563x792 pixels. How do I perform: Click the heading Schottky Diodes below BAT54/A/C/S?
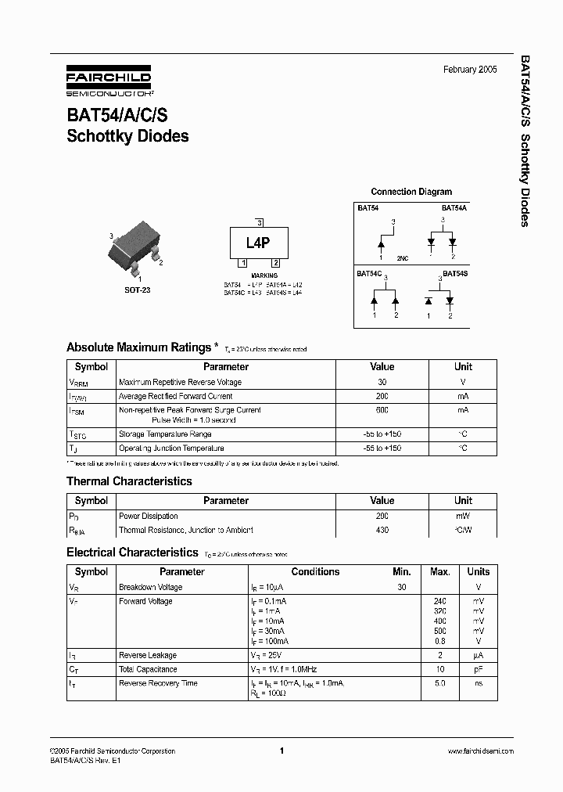pyautogui.click(x=127, y=136)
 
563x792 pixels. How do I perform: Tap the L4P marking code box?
pyautogui.click(x=258, y=243)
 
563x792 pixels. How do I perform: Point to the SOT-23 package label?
pyautogui.click(x=137, y=290)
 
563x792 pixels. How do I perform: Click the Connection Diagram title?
pyautogui.click(x=411, y=192)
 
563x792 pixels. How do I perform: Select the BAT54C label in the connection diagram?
pyautogui.click(x=369, y=274)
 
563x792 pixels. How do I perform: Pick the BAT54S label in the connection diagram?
pyautogui.click(x=455, y=274)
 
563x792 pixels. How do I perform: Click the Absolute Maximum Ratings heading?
pyautogui.click(x=138, y=347)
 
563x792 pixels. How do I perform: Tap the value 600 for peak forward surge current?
pyautogui.click(x=382, y=409)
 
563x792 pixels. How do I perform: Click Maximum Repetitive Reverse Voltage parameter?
pyautogui.click(x=180, y=383)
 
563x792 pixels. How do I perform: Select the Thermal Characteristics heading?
pyautogui.click(x=129, y=481)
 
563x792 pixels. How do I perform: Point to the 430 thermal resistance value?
pyautogui.click(x=382, y=531)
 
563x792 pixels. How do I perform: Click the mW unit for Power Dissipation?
pyautogui.click(x=463, y=517)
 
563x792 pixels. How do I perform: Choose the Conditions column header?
pyautogui.click(x=315, y=572)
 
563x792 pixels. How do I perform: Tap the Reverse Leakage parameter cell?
pyautogui.click(x=148, y=656)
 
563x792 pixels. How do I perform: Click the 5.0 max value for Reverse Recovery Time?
pyautogui.click(x=439, y=684)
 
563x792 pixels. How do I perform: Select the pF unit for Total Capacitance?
pyautogui.click(x=478, y=670)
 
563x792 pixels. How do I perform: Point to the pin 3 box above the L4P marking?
pyautogui.click(x=259, y=223)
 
